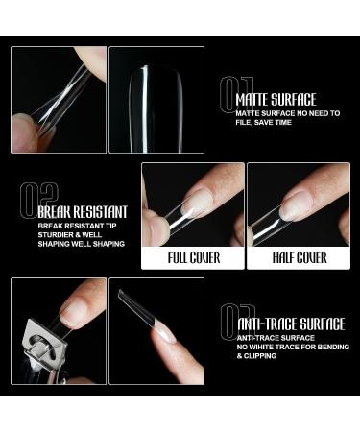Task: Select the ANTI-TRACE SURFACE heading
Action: pos(289,324)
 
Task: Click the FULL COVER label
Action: pos(193,257)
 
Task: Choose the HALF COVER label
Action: pos(298,257)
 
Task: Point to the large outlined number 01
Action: pos(230,95)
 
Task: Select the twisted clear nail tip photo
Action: pos(59,100)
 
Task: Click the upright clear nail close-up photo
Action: pos(156,100)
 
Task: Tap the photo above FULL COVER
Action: pos(193,204)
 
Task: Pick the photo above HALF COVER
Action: pos(298,204)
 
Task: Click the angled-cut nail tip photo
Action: pos(156,331)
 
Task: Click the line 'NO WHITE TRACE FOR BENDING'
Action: pos(290,348)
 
